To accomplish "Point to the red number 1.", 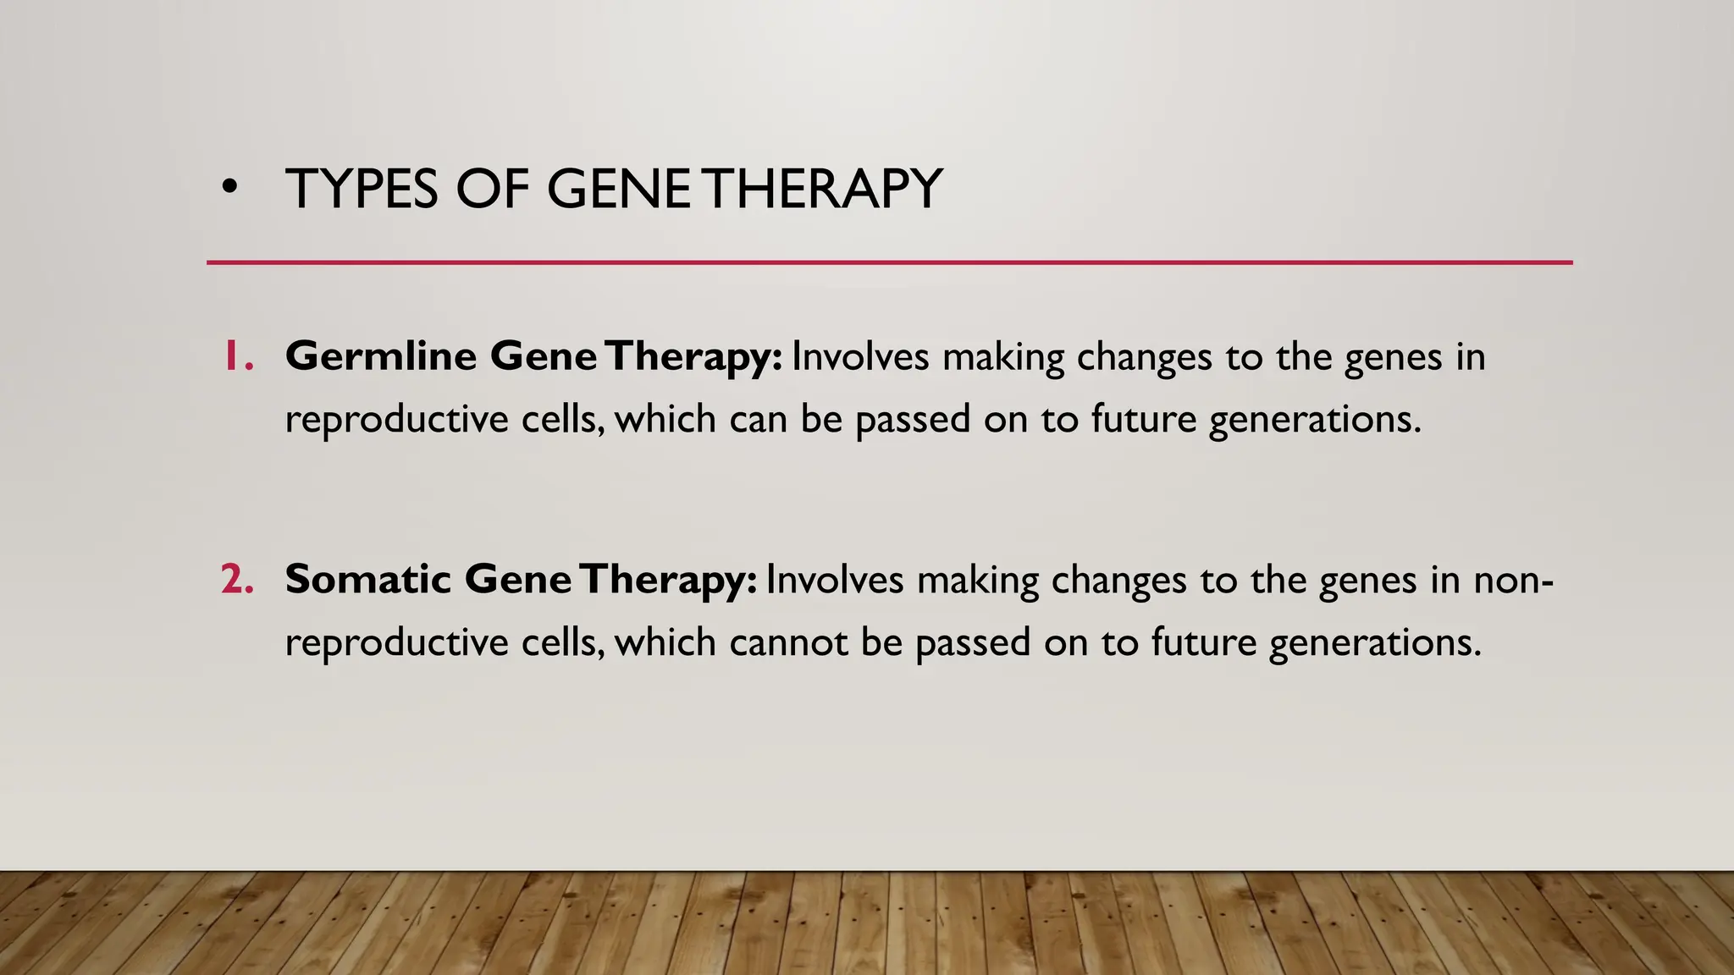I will (237, 356).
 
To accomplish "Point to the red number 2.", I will (237, 580).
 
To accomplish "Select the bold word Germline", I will (381, 356).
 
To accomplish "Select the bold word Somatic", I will (367, 580).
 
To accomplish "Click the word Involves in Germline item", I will (860, 356).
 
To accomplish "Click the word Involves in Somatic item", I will (834, 580).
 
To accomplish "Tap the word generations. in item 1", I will (1315, 421).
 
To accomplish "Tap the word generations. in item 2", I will (1375, 644).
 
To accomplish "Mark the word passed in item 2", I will (973, 642).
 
